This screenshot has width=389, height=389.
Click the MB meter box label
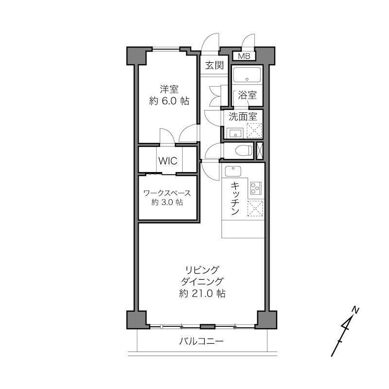click(244, 56)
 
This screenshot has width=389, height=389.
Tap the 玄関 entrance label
click(214, 65)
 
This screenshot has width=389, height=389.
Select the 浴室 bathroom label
click(247, 95)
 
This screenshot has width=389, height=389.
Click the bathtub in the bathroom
click(247, 74)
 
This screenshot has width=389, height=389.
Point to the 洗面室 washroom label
click(243, 116)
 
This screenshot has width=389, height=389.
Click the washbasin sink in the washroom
click(235, 133)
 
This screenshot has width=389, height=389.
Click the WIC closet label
click(168, 161)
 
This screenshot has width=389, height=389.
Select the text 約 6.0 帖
click(169, 101)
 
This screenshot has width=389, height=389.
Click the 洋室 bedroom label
click(169, 89)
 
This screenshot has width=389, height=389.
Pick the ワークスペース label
click(167, 193)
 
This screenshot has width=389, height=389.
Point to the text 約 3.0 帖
click(167, 202)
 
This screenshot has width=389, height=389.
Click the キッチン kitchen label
click(235, 198)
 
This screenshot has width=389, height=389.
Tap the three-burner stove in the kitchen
click(256, 188)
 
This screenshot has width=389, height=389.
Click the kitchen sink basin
click(233, 171)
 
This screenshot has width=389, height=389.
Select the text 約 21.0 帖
click(202, 294)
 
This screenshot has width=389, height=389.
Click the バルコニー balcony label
click(201, 342)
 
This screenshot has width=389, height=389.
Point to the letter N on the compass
click(356, 310)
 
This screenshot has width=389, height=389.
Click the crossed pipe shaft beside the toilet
click(260, 151)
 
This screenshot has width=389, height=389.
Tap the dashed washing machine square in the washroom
click(254, 130)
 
